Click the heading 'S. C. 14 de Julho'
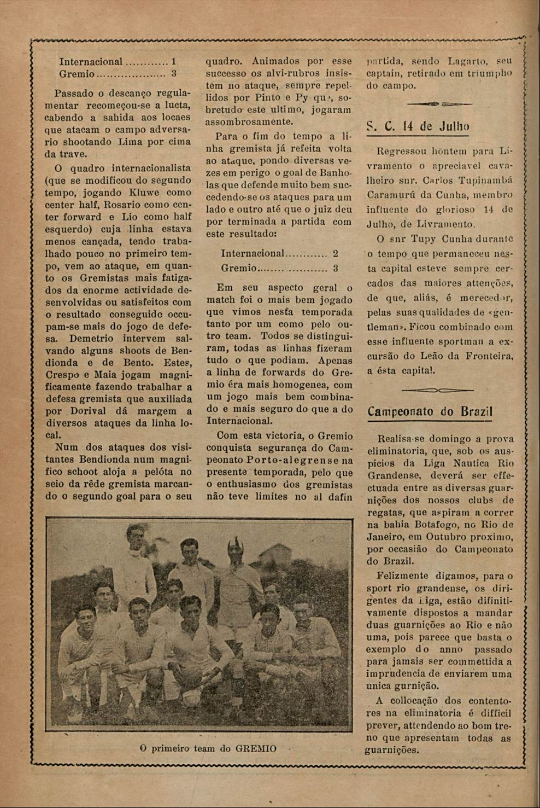(x=418, y=126)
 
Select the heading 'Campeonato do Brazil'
(x=430, y=411)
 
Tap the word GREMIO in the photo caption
(x=256, y=748)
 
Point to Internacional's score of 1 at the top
(x=173, y=62)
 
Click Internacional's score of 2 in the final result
(x=335, y=253)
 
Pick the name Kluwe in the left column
(x=146, y=193)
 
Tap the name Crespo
(x=62, y=375)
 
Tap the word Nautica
(x=461, y=463)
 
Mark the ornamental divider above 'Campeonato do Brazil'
(x=437, y=390)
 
